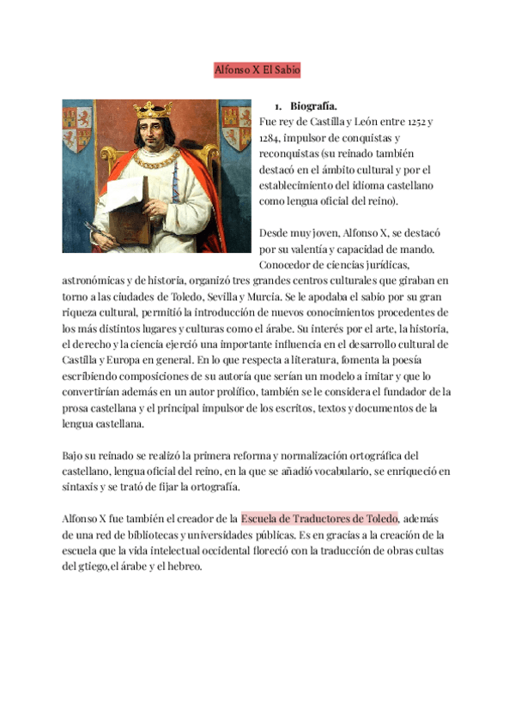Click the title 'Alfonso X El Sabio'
tap(257, 70)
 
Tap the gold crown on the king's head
tap(154, 110)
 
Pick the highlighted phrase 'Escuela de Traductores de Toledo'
tap(319, 519)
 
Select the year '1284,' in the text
tap(273, 138)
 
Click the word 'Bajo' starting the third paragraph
tap(74, 455)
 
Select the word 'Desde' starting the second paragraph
tap(274, 233)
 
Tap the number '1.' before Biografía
tap(278, 106)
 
